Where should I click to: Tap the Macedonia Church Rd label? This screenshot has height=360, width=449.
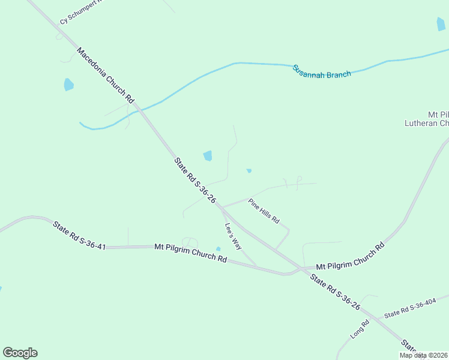pyautogui.click(x=106, y=74)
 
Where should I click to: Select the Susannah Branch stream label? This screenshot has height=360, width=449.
pyautogui.click(x=322, y=71)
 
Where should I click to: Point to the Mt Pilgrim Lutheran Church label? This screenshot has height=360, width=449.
pyautogui.click(x=427, y=119)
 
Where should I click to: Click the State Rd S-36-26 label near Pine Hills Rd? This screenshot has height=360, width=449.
pyautogui.click(x=194, y=181)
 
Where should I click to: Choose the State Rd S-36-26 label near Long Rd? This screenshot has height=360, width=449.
pyautogui.click(x=334, y=292)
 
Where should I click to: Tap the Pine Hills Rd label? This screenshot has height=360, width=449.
pyautogui.click(x=264, y=211)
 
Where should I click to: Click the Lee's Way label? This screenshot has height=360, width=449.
pyautogui.click(x=233, y=236)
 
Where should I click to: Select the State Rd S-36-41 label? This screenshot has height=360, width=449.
pyautogui.click(x=79, y=235)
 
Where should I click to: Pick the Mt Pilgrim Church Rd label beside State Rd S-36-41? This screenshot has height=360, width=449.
pyautogui.click(x=190, y=253)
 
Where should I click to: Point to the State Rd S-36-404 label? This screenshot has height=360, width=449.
pyautogui.click(x=410, y=308)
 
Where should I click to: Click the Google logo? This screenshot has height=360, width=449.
pyautogui.click(x=20, y=353)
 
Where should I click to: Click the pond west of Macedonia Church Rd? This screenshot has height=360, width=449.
pyautogui.click(x=68, y=85)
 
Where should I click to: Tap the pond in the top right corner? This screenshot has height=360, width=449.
pyautogui.click(x=441, y=24)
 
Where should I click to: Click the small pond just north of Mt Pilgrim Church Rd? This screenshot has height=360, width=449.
pyautogui.click(x=218, y=249)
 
